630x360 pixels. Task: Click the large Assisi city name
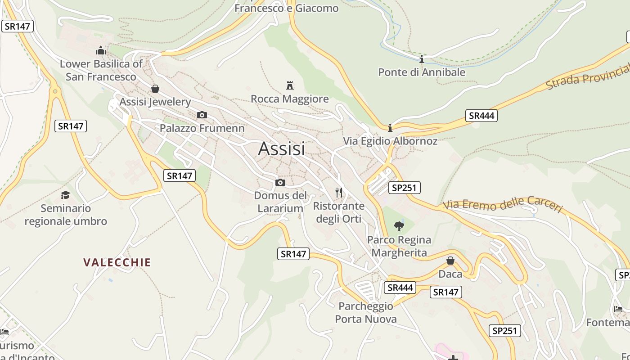(282, 149)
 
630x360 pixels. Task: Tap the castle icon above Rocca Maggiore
(290, 85)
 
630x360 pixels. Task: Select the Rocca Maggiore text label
(290, 99)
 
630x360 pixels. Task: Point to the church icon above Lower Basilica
(101, 50)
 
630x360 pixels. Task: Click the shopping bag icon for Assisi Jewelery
(155, 89)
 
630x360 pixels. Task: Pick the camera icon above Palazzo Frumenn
(202, 115)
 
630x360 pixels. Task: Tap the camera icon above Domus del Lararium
(280, 182)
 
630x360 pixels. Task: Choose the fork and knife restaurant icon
(339, 193)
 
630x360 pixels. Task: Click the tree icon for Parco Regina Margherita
(399, 226)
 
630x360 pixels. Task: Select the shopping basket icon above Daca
(450, 261)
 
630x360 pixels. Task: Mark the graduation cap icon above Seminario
(66, 195)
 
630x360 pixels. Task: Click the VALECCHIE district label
(117, 262)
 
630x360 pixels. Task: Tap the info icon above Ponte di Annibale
(422, 59)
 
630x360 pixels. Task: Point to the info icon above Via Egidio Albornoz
(390, 128)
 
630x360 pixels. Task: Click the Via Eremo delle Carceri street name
(503, 205)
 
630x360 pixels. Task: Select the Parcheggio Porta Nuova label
(366, 313)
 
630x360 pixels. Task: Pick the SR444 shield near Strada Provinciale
(481, 116)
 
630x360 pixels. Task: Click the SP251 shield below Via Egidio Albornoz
(404, 188)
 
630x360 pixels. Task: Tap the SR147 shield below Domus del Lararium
(293, 254)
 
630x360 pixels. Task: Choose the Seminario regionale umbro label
(66, 215)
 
